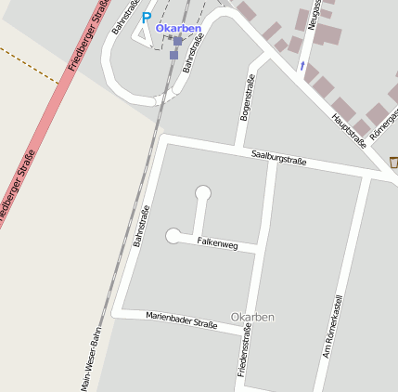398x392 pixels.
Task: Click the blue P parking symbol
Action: point(146,17)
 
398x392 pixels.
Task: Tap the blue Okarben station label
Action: point(178,28)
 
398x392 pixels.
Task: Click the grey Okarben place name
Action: point(252,318)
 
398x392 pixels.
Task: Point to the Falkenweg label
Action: point(218,243)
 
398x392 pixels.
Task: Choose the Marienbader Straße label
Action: point(181,320)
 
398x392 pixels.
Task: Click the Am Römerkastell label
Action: point(332,327)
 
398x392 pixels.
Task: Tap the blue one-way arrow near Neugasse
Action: point(301,66)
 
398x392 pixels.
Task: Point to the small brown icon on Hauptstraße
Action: point(392,163)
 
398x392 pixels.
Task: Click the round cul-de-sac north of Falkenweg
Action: point(203,193)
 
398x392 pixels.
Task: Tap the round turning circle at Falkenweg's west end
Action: point(173,236)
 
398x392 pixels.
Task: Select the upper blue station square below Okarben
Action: point(177,41)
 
